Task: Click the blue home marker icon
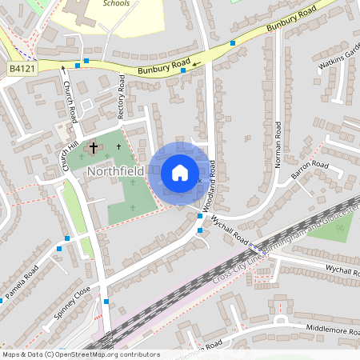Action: tap(180, 173)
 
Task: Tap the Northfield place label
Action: tap(115, 171)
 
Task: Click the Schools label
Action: tap(116, 3)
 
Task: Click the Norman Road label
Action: tap(278, 145)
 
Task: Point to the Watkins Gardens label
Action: tap(339, 56)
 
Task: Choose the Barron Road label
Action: tap(310, 170)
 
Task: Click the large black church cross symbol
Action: tap(94, 148)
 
